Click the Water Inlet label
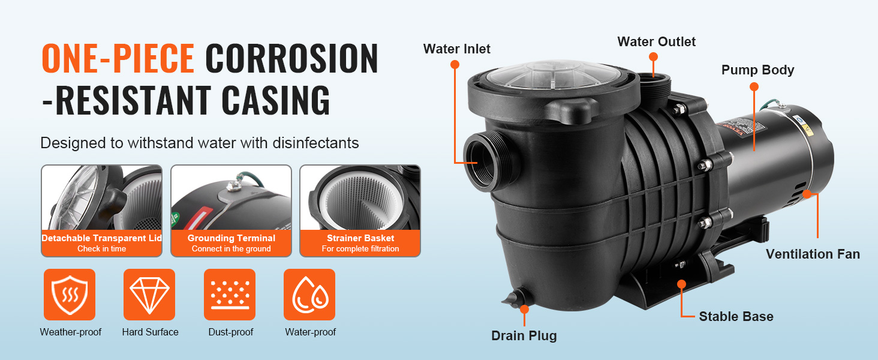click(x=457, y=49)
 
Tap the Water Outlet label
click(x=657, y=41)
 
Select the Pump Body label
click(x=757, y=70)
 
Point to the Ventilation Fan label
click(x=813, y=254)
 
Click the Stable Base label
click(x=736, y=316)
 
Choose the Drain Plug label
click(x=524, y=336)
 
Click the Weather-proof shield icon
click(x=70, y=295)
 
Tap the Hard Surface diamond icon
click(x=149, y=295)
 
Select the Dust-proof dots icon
click(x=230, y=295)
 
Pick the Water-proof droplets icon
click(x=309, y=295)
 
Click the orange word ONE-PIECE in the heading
click(x=118, y=59)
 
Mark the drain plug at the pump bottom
click(x=515, y=298)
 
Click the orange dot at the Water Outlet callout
click(x=653, y=56)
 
